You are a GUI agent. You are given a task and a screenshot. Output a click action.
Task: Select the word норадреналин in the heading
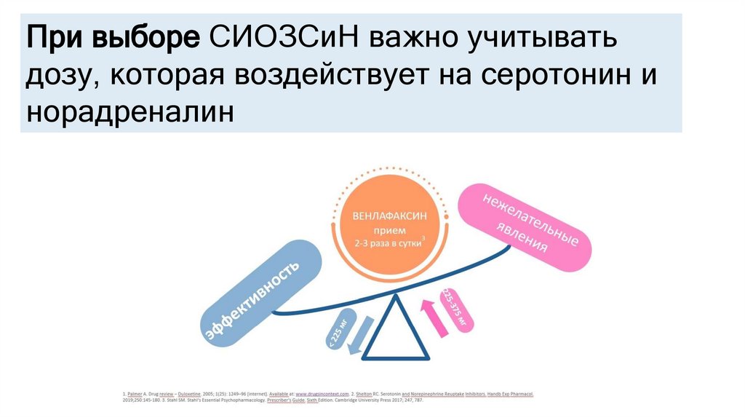click(131, 113)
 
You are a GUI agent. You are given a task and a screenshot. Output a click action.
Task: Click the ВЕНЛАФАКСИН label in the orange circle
click(389, 216)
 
